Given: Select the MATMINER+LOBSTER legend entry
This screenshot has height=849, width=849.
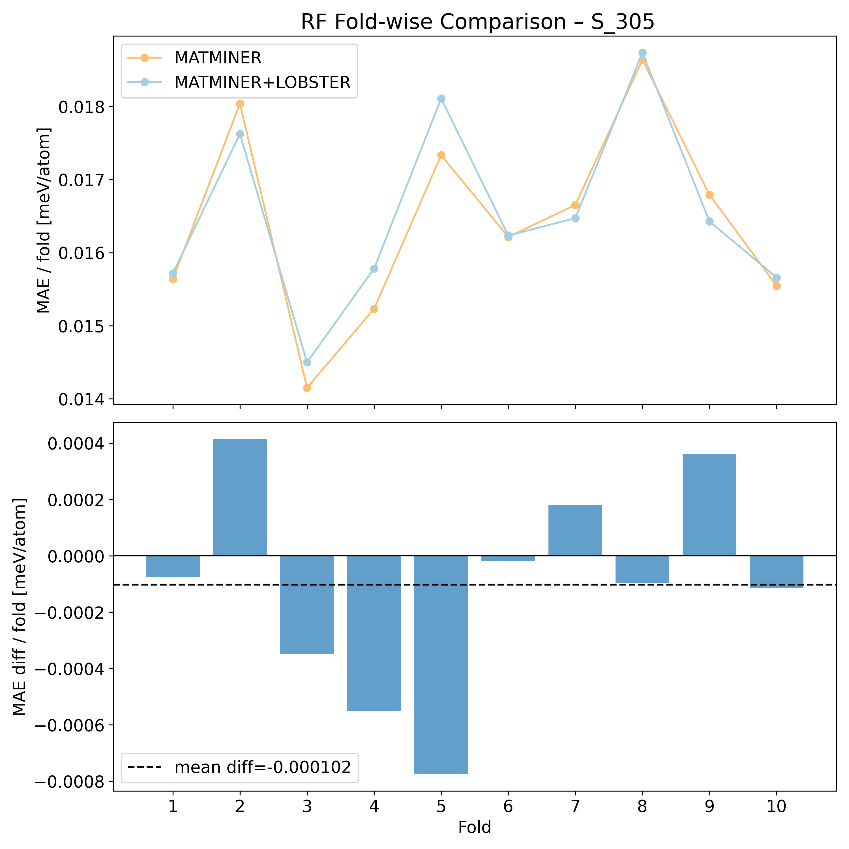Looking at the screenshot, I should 262,82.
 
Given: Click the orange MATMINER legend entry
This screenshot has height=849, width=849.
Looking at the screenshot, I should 218,57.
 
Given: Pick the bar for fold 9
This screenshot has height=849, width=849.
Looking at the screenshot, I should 709,505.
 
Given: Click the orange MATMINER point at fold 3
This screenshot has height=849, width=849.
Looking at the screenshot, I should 307,388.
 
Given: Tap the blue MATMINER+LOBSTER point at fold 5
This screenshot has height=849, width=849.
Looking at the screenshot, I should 441,98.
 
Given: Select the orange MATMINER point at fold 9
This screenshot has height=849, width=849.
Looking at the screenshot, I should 709,195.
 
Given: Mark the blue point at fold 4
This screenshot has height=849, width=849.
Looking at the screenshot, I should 374,269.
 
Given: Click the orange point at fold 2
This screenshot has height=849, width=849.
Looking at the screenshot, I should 240,104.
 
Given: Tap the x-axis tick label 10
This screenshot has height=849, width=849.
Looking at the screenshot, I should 776,807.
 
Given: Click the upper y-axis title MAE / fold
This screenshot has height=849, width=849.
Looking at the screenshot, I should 44,220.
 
